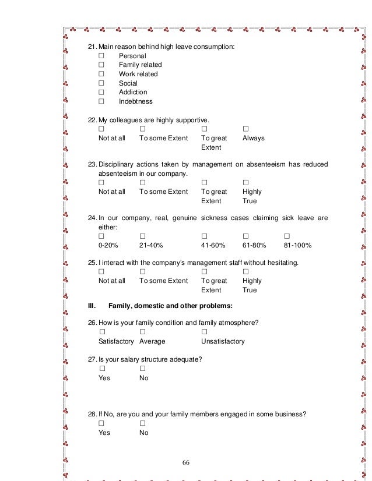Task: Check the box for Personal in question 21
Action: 101,55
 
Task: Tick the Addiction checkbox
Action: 101,92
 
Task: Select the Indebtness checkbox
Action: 101,101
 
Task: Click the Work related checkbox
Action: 101,74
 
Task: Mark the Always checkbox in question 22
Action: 245,128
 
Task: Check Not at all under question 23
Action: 101,182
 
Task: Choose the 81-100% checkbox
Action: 287,236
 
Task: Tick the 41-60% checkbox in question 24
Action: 204,236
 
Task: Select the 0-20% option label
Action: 108,245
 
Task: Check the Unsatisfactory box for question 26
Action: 204,331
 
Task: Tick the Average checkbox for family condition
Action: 143,331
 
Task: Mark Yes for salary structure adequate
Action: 102,368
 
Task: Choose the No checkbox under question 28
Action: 143,423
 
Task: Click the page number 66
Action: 186,462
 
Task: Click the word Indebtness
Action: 136,101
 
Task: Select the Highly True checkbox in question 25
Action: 245,271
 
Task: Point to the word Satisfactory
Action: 116,341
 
